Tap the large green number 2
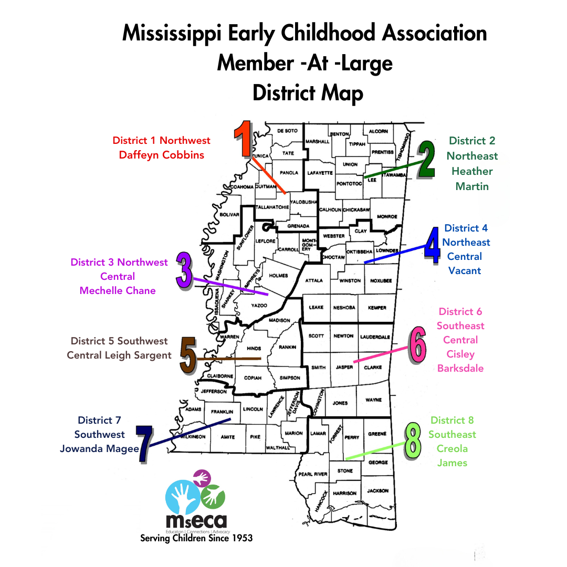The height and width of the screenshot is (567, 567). coord(426,160)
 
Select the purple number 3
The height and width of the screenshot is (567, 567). coord(183,270)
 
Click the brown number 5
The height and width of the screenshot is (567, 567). coord(188,355)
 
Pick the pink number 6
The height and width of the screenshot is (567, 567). coord(417,344)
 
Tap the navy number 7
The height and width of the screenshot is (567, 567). coord(142,444)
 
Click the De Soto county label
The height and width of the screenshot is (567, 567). coord(287,131)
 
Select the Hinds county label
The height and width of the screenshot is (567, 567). coord(254,349)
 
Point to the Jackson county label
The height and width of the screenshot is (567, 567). coord(378,491)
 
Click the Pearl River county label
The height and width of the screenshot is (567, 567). coord(313,474)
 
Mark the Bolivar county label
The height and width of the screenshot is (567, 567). coord(230,215)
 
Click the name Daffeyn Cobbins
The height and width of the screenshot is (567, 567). coord(161,155)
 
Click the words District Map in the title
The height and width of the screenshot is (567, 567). coord(307,93)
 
